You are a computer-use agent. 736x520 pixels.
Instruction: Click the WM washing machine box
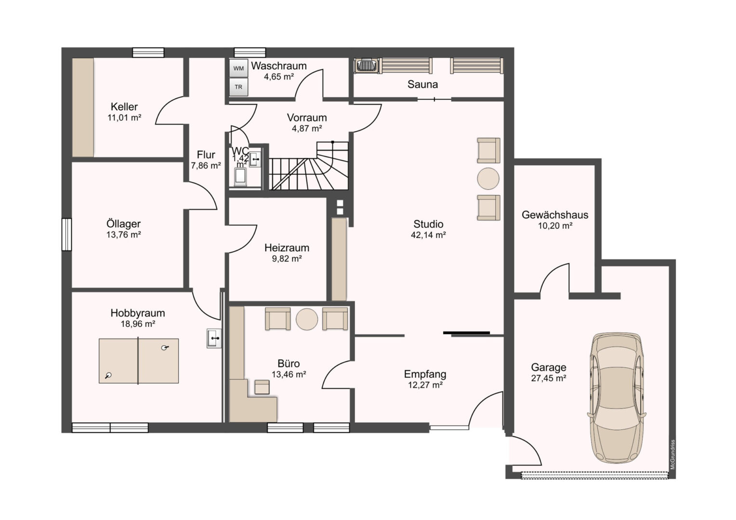(238, 68)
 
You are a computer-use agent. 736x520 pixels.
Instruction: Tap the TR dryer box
(238, 87)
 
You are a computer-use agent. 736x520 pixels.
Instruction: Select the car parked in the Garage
(617, 398)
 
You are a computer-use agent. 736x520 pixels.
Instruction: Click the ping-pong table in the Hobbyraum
(139, 361)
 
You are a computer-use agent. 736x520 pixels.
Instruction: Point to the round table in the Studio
(488, 179)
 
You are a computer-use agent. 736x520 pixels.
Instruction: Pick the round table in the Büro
(307, 319)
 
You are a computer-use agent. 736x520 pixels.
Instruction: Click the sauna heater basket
(367, 65)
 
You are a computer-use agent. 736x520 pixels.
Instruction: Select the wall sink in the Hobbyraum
(214, 338)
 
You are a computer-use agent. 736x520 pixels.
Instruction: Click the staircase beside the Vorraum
(309, 166)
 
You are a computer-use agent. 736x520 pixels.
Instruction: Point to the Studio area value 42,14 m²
(428, 235)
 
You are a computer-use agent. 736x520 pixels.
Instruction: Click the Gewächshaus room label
(555, 215)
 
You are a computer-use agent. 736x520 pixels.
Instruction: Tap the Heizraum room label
(287, 247)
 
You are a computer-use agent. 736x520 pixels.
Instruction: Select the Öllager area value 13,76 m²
(123, 234)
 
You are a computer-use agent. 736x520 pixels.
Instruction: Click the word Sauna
(422, 84)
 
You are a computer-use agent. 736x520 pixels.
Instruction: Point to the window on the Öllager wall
(66, 234)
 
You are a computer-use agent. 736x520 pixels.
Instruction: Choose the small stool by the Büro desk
(262, 387)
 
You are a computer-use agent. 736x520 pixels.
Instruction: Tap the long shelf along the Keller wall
(83, 107)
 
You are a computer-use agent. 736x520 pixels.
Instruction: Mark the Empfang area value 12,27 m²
(425, 385)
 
